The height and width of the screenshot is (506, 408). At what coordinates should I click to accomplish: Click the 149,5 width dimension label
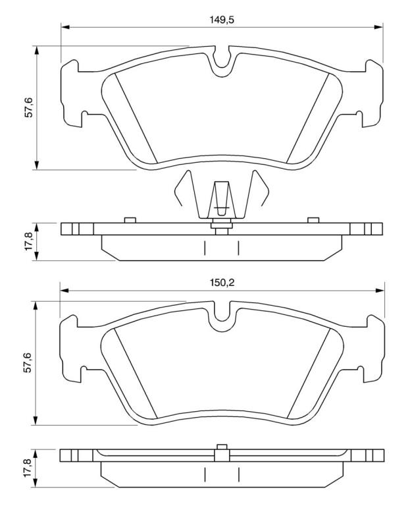coord(222,20)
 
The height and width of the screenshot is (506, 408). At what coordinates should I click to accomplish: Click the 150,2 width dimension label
coord(222,283)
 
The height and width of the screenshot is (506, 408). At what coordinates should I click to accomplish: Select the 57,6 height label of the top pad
coord(30,108)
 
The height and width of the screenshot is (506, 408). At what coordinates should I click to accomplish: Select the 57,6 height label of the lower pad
coord(28,363)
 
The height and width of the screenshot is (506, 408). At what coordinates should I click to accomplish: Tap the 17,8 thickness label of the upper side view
coord(30,241)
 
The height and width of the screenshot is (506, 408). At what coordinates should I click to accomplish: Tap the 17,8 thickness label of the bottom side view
coord(28,469)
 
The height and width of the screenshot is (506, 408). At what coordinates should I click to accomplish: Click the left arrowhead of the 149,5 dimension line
coord(65,28)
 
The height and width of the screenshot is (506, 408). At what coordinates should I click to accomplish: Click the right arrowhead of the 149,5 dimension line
coord(378,28)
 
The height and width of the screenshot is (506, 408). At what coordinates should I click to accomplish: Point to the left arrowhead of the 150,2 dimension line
coord(64,291)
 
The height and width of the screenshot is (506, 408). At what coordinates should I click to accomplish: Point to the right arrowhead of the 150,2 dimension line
coord(380,291)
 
